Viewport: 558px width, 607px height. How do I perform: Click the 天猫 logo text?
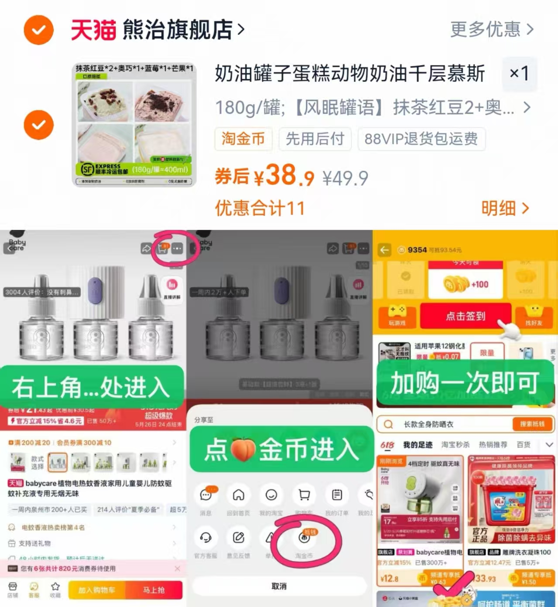pos(93,30)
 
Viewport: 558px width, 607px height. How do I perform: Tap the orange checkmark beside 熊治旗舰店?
pos(38,30)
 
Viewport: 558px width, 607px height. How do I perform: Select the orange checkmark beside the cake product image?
pos(38,125)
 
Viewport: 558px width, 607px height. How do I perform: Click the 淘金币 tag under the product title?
pos(243,139)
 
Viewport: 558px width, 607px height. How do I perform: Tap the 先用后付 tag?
pos(315,139)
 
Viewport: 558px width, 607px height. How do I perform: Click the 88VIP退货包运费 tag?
pos(421,139)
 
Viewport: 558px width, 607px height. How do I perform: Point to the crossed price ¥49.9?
pos(345,178)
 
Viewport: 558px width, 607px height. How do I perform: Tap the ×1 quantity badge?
pos(519,73)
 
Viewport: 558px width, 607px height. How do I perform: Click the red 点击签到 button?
pos(465,316)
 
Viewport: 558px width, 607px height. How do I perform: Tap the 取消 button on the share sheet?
pos(279,586)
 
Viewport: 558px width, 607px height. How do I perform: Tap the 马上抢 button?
pos(154,590)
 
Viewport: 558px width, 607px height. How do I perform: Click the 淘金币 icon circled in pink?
pos(304,538)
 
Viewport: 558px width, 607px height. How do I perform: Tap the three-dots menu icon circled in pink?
pos(177,249)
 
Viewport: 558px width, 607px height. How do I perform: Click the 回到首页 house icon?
pos(238,495)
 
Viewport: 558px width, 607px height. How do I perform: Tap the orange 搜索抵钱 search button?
pos(532,424)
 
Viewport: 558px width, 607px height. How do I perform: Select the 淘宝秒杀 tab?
pos(455,444)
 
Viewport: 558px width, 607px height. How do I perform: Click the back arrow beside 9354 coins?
pos(384,250)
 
